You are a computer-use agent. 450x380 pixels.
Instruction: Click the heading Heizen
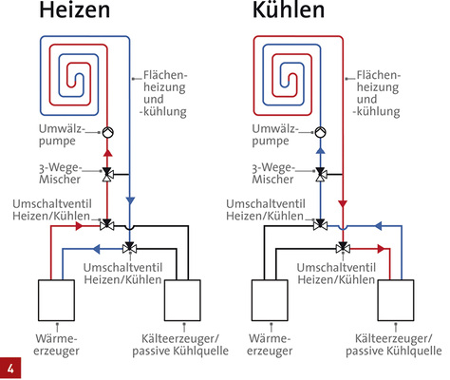(x=80, y=16)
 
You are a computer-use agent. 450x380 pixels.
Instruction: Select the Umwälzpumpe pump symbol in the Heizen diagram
(x=107, y=133)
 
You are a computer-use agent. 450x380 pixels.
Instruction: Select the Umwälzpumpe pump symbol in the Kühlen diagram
(x=322, y=133)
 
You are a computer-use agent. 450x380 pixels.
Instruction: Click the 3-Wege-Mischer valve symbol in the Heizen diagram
(x=107, y=174)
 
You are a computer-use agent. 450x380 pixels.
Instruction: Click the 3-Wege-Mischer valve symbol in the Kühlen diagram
(x=322, y=174)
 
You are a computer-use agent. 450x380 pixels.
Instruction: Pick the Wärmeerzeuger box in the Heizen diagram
(x=54, y=302)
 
